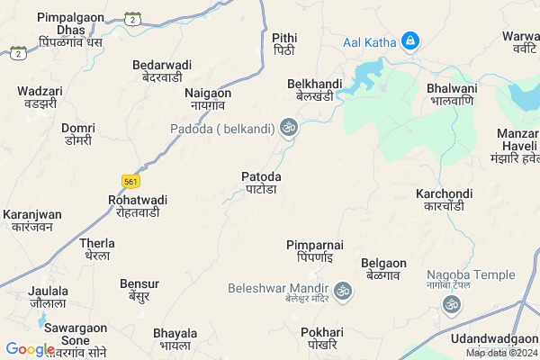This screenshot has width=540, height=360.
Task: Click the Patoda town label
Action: [x=262, y=183]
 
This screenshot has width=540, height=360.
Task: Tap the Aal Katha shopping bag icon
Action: [x=409, y=40]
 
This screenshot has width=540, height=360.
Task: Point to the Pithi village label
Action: [x=283, y=43]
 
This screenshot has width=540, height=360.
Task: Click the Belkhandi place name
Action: [x=310, y=89]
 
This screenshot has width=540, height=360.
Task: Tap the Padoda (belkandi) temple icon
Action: [x=289, y=129]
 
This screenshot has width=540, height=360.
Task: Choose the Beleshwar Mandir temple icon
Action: [x=342, y=291]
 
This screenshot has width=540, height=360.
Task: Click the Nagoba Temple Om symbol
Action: [x=452, y=306]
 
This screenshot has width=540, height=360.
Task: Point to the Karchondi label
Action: [x=444, y=200]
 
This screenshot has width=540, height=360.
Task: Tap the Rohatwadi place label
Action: [x=137, y=205]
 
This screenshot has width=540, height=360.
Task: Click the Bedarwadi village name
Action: [x=162, y=71]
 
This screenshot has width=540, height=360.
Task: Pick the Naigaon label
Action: [x=208, y=99]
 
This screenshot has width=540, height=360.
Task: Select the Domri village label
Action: [x=78, y=134]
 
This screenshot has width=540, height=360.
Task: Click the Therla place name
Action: [x=97, y=249]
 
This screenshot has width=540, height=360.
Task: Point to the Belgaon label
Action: [x=383, y=269]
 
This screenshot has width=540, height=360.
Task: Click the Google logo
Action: [x=31, y=349]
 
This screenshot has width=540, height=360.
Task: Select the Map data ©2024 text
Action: [x=500, y=353]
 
